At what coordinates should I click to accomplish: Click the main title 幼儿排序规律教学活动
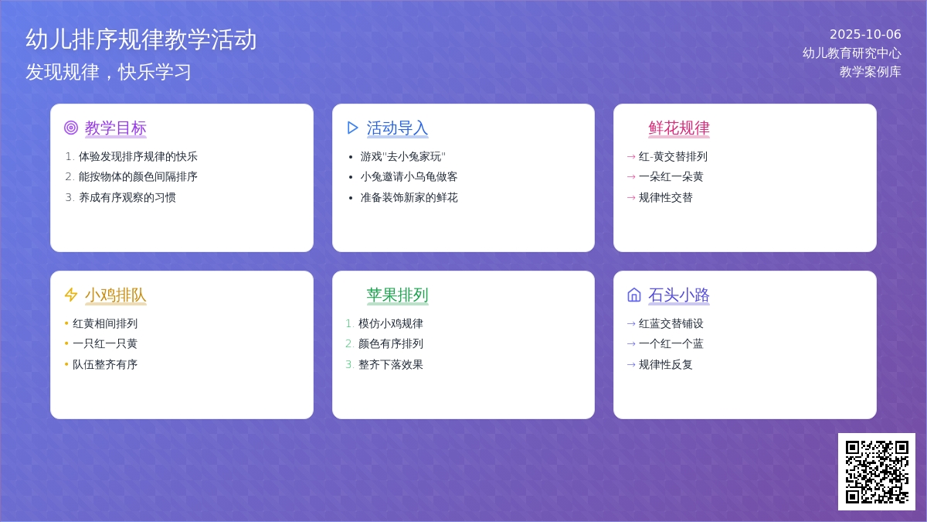(x=141, y=39)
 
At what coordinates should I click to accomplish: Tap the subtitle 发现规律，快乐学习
(x=108, y=72)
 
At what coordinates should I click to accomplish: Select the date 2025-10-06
(x=865, y=34)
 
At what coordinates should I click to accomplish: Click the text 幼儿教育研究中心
(x=851, y=53)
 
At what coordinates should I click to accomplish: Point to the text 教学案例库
(x=871, y=72)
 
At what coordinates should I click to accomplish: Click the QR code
(x=877, y=472)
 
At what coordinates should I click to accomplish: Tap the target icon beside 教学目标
(x=71, y=128)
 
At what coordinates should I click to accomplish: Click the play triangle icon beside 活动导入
(x=352, y=128)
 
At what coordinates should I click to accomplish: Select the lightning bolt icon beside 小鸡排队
(x=71, y=295)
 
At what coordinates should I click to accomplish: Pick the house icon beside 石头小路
(x=634, y=295)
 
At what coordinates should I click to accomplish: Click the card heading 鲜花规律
(x=679, y=128)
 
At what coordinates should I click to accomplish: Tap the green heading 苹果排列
(x=397, y=295)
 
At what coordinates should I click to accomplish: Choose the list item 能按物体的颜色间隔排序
(x=138, y=177)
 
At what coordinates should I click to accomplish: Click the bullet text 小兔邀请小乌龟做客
(x=409, y=177)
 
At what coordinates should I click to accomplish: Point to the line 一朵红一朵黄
(x=671, y=177)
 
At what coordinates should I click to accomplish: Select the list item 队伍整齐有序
(x=105, y=364)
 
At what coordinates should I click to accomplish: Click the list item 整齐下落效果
(x=391, y=364)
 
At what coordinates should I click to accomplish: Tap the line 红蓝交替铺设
(x=671, y=323)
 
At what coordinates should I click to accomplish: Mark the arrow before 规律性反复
(x=631, y=365)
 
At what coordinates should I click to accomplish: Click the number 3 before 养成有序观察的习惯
(x=69, y=198)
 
